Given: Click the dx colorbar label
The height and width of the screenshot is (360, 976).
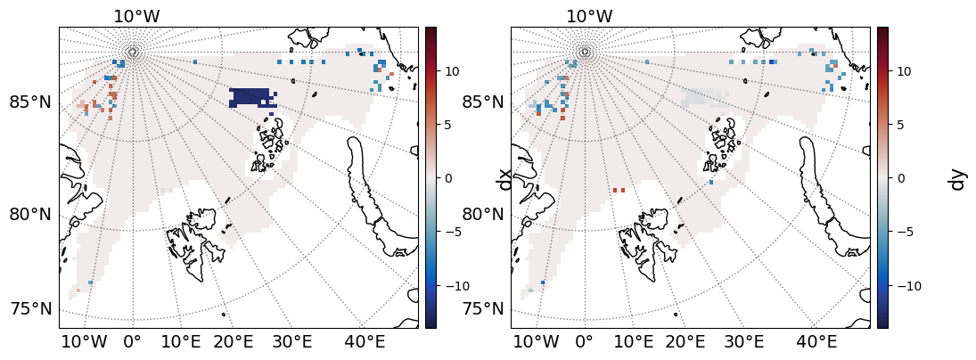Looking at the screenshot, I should click(505, 178).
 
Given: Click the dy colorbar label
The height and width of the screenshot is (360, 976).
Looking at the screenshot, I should click(957, 178).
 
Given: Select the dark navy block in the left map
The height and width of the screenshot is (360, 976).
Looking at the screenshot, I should click(252, 97).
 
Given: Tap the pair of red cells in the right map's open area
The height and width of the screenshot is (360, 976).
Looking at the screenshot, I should click(619, 190).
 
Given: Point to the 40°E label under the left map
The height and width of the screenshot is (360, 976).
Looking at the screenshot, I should click(365, 341).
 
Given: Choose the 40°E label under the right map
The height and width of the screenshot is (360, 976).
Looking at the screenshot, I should click(817, 341).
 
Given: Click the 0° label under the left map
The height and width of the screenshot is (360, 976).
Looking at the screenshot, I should click(132, 341).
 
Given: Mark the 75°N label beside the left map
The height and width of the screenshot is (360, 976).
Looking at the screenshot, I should click(30, 309).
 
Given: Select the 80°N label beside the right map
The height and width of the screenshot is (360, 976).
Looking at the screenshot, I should click(482, 214).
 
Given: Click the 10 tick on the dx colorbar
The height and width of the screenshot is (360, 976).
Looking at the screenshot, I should click(450, 70).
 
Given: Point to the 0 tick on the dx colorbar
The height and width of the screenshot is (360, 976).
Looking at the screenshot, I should click(448, 178).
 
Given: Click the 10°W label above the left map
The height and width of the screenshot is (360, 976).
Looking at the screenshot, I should click(136, 16).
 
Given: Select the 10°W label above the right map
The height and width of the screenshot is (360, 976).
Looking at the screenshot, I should click(588, 16).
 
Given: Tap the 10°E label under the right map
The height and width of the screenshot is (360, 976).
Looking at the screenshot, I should click(633, 341).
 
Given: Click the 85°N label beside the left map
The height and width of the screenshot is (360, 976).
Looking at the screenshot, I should click(30, 102).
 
